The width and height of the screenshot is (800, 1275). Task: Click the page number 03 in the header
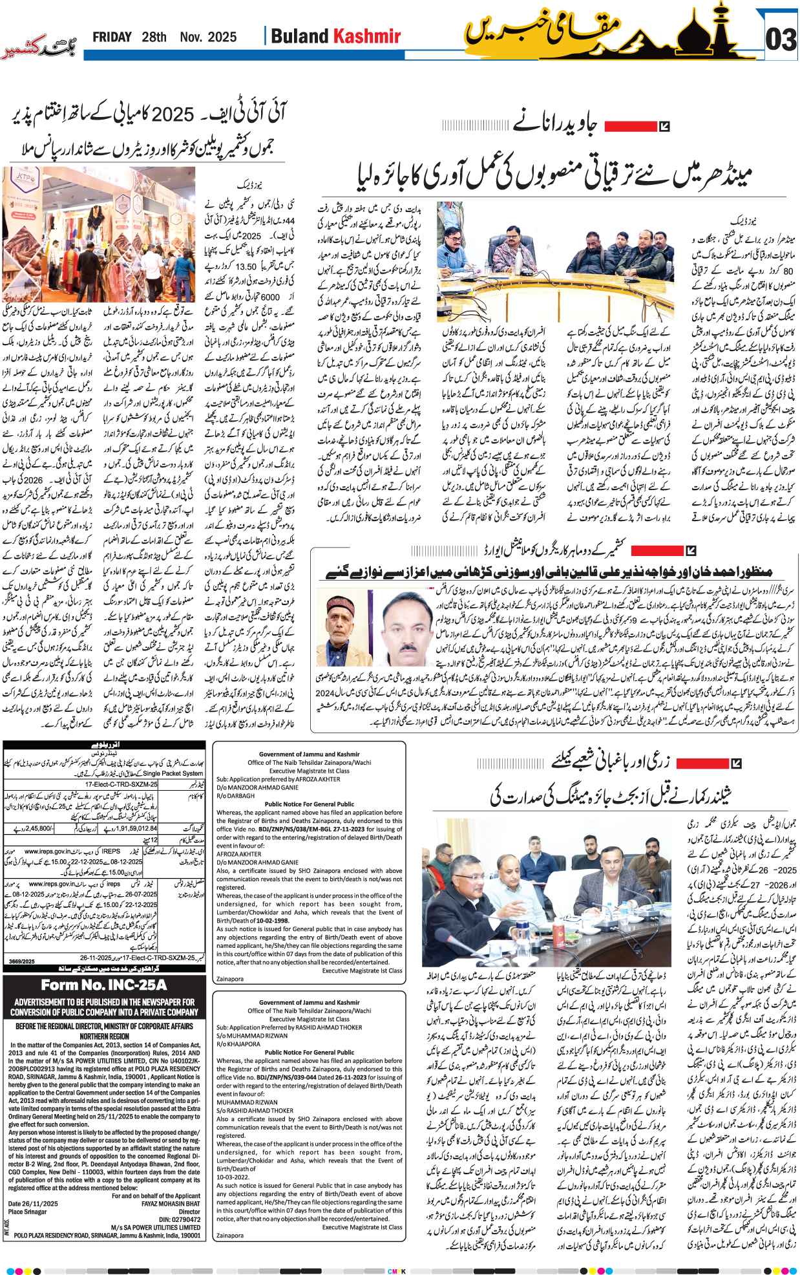(781, 40)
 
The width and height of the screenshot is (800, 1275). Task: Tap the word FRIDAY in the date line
(112, 37)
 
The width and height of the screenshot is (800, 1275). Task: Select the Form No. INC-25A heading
(104, 985)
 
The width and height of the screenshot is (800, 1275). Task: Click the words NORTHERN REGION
(104, 1036)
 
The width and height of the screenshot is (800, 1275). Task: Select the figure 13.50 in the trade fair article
(246, 266)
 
